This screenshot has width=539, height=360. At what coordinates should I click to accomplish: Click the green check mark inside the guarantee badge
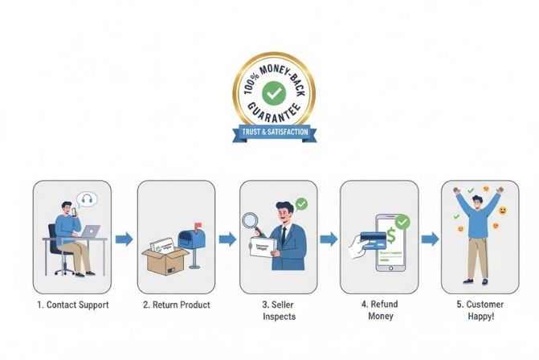click(274, 93)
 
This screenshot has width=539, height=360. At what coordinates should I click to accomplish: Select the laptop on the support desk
click(91, 231)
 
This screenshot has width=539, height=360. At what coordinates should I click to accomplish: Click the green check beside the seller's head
click(301, 204)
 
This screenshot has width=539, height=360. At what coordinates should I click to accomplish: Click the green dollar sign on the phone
click(390, 235)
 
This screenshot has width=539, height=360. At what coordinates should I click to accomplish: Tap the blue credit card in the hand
click(373, 239)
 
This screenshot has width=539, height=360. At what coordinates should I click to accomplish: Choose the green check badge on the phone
click(402, 220)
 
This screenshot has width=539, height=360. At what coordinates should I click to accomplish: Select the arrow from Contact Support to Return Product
click(124, 239)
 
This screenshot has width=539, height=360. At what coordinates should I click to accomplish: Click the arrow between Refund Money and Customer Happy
click(430, 239)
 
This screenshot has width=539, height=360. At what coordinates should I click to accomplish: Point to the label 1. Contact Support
click(73, 305)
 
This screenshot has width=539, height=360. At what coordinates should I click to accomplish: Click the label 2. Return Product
click(176, 305)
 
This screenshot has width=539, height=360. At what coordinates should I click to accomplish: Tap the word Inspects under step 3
click(279, 317)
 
